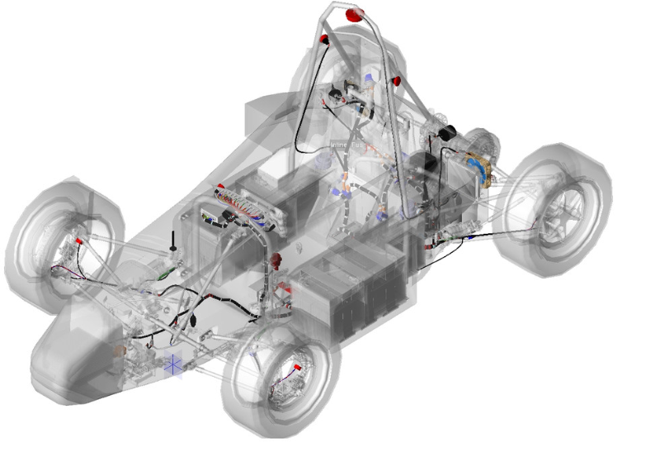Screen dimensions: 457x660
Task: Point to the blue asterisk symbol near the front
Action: point(173,364)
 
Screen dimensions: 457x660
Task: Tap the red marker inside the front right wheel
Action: point(295,364)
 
